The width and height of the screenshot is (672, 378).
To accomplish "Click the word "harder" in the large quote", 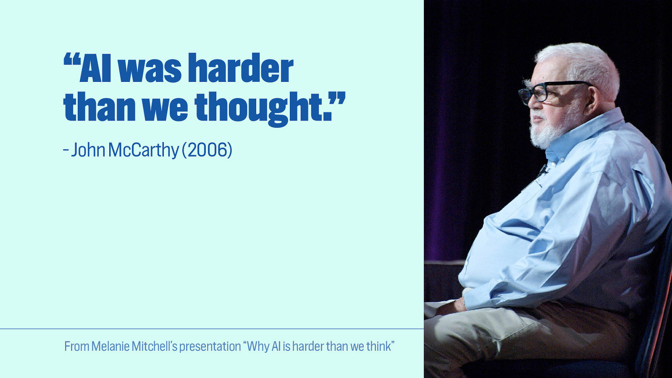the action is pos(240,68).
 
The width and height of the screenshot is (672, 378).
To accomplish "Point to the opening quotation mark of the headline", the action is pos(71,60).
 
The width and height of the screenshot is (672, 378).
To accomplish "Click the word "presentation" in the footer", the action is pos(210,346).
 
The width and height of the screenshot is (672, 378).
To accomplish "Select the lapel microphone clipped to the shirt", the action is pos(543,171).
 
